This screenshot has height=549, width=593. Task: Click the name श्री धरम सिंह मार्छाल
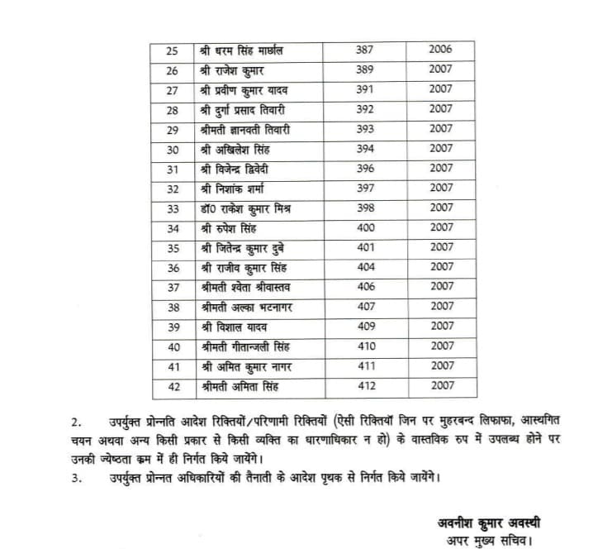[242, 50]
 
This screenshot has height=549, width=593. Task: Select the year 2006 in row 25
[440, 50]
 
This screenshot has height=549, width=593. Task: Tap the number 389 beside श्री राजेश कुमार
[364, 69]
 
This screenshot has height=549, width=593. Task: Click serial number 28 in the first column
[173, 109]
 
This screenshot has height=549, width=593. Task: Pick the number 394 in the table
[364, 149]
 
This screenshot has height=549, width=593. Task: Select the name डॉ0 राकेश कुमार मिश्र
[244, 208]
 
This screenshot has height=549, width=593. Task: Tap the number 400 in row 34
[364, 227]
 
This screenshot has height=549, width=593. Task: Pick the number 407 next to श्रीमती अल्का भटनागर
[364, 306]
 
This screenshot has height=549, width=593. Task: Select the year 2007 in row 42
[440, 384]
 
